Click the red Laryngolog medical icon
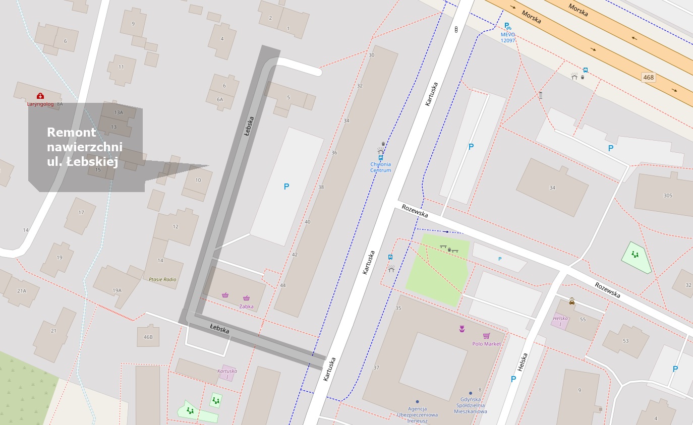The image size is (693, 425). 40,96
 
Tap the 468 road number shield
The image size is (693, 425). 648,77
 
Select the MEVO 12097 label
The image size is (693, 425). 508,37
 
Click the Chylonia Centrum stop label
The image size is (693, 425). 380,167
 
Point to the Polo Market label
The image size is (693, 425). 486,344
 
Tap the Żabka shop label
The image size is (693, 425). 246,307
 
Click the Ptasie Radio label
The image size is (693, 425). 162,279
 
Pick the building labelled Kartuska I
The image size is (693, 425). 227,374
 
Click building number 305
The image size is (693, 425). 668,196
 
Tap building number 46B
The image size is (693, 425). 148,337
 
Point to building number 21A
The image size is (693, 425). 21,291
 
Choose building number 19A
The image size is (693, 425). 117,290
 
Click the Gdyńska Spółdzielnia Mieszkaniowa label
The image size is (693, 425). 474,405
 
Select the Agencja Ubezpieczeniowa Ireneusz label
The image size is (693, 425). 417,414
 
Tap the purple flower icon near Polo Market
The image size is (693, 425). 461,329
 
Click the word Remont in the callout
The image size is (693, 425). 71,133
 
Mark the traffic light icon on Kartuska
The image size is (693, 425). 456,30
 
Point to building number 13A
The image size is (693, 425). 118,112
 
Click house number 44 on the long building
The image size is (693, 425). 283,285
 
